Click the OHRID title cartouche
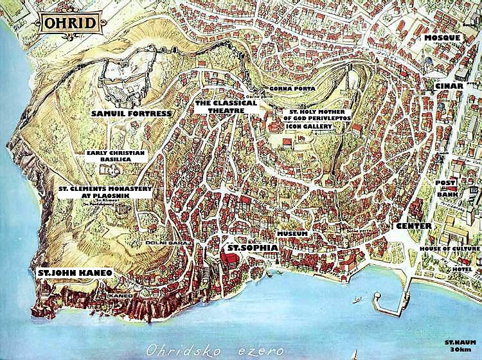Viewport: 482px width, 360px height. (71, 24)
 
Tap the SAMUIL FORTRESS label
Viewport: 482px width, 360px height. (131, 114)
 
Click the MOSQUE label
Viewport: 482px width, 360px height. (442, 39)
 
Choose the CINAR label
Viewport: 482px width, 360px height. (449, 86)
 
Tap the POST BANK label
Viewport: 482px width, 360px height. (445, 188)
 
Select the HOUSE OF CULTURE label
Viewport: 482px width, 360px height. (449, 249)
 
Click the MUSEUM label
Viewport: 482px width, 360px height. (292, 233)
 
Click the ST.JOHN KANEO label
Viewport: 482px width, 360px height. (75, 273)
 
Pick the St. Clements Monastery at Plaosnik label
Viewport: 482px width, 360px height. (96, 193)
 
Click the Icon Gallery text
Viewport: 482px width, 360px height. (310, 127)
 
